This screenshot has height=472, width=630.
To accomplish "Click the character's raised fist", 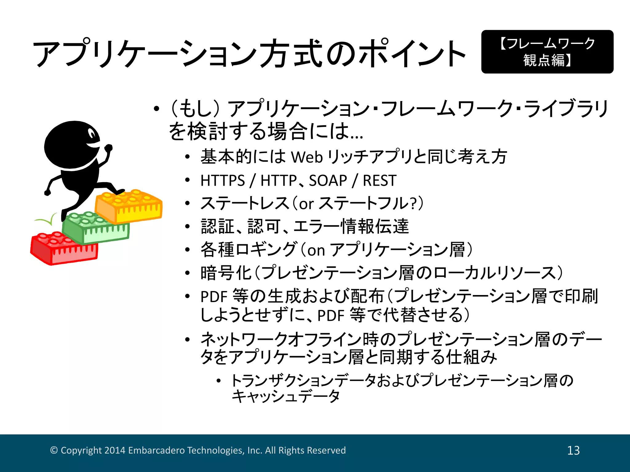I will (x=108, y=148).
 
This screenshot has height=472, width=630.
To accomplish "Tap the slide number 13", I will (x=573, y=450).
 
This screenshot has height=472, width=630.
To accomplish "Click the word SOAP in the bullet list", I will (x=328, y=180).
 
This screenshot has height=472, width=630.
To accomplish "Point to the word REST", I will (x=380, y=180).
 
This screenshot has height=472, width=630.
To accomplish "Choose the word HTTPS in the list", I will (x=222, y=180).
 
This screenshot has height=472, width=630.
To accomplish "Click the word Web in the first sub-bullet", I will (x=306, y=157).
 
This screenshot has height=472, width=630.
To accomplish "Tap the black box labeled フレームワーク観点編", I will (x=547, y=52).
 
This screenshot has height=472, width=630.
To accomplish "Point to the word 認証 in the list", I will (x=218, y=226).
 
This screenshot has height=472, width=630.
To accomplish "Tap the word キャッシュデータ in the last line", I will (x=285, y=396).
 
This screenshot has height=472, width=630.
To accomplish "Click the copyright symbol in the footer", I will (x=54, y=450).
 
